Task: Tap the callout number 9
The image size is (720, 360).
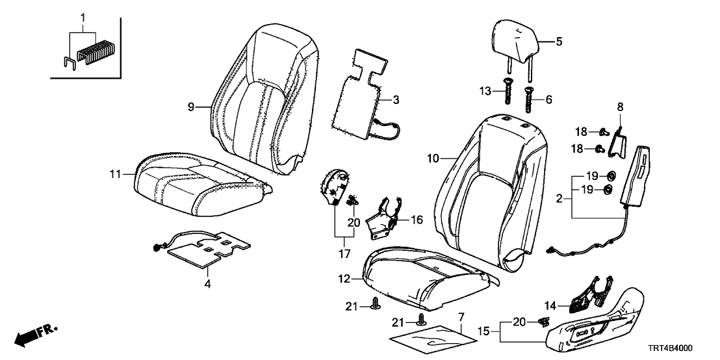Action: [192, 107]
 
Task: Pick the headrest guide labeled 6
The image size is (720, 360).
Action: [527, 99]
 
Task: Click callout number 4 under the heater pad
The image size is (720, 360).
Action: [207, 284]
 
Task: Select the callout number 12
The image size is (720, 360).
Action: [345, 279]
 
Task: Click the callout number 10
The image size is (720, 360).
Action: [433, 157]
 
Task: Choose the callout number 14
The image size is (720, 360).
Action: [550, 305]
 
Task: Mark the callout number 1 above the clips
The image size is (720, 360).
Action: [82, 15]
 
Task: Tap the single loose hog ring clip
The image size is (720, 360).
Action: [70, 63]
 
